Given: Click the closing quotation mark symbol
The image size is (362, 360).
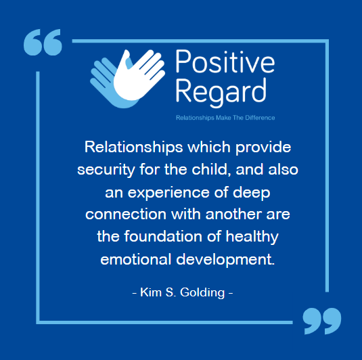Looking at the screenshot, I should point(321,321).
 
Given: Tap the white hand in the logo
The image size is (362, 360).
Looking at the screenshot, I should point(141,72).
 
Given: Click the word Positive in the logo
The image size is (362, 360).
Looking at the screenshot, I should point(225,64).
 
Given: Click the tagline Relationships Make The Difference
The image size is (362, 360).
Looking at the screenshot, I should point(225,118).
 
